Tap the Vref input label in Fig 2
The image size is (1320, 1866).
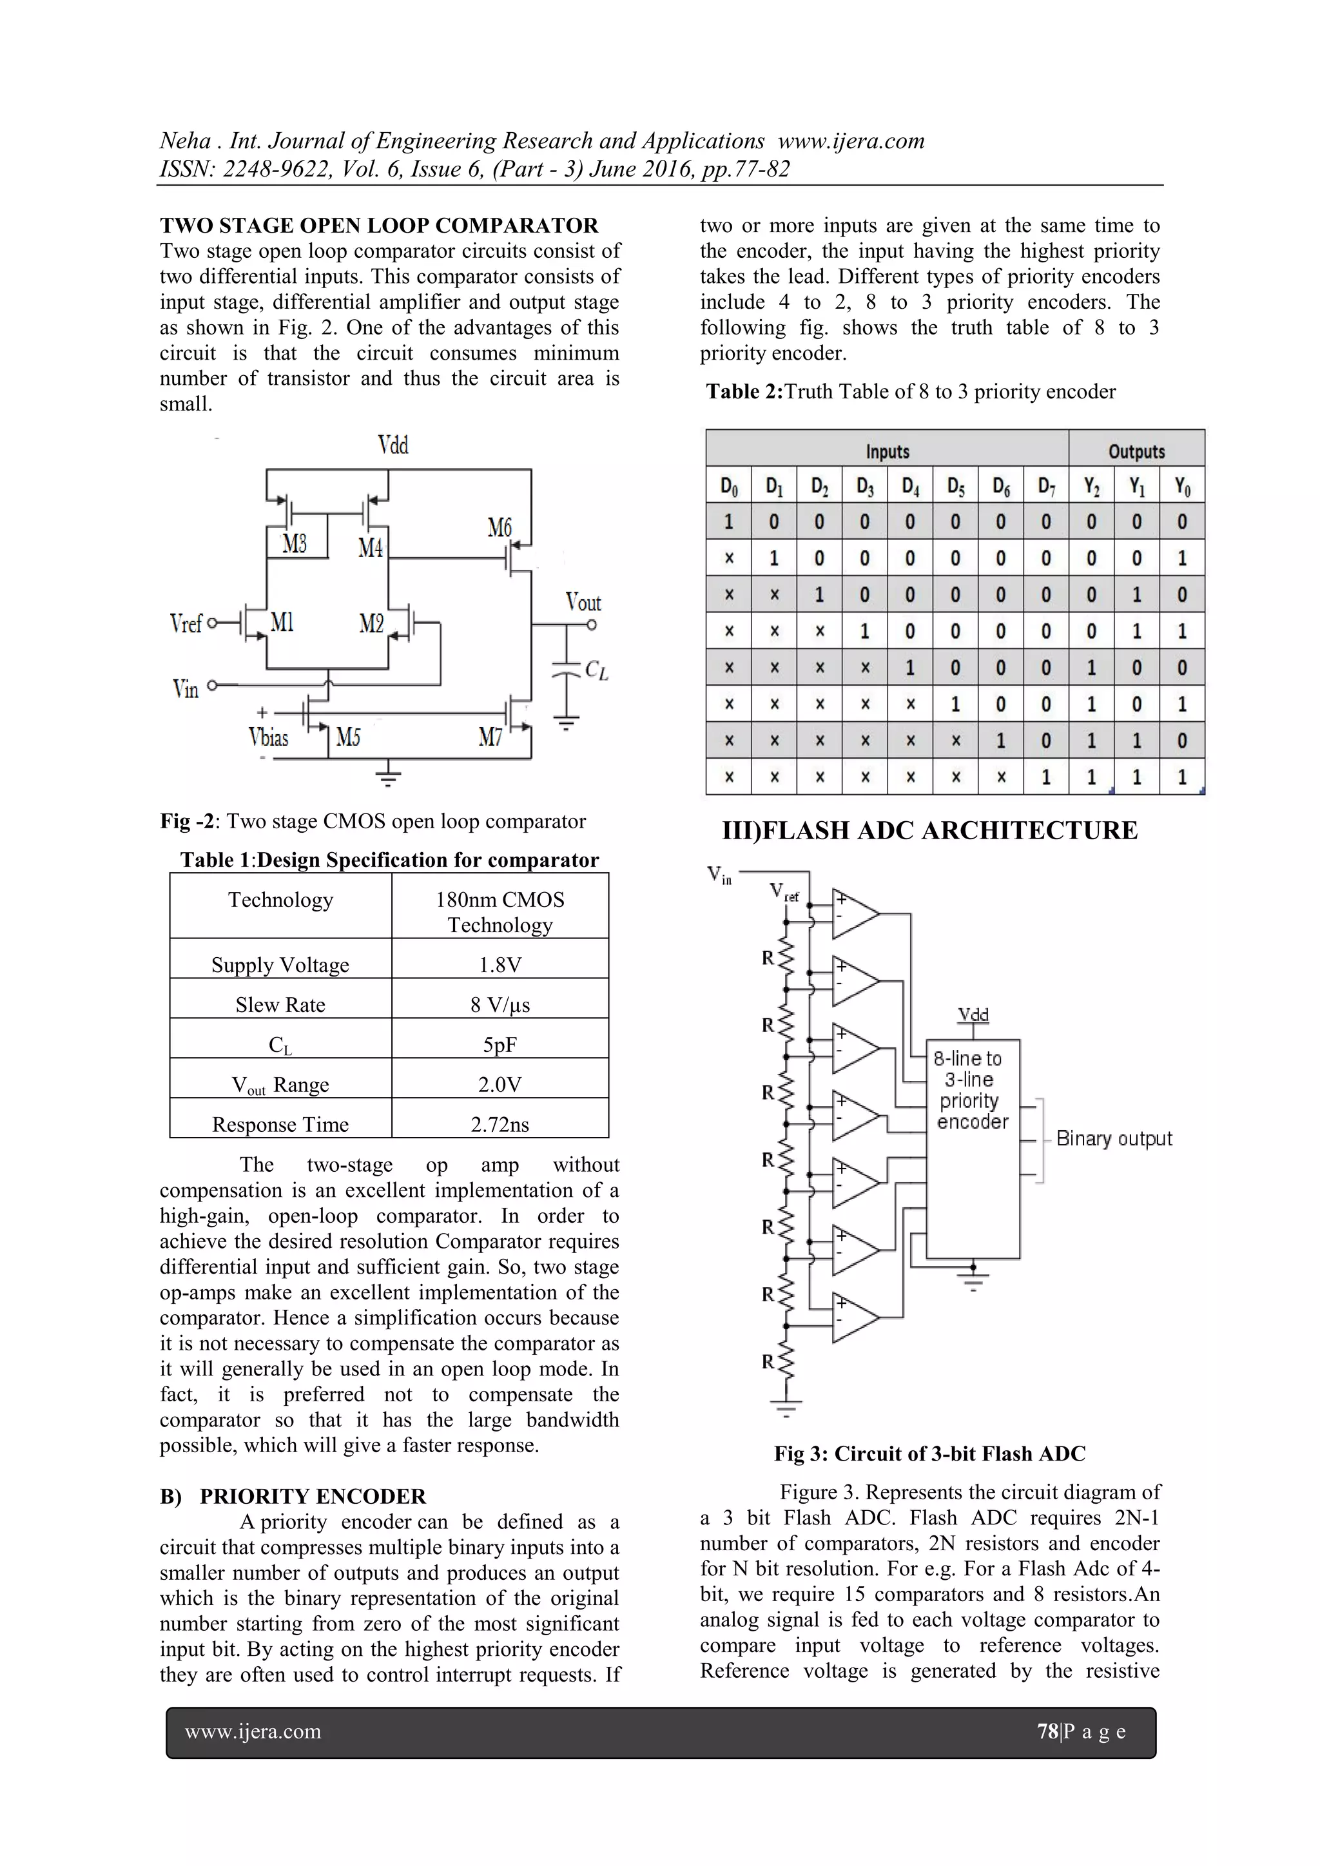click(186, 623)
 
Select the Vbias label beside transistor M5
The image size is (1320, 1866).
click(268, 737)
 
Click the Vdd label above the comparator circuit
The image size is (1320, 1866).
click(393, 445)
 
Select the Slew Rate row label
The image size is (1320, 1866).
click(280, 1004)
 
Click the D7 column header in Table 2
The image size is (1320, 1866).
click(1045, 487)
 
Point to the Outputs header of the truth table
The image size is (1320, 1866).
click(1136, 451)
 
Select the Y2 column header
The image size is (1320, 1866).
click(1091, 487)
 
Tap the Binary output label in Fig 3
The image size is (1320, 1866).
click(1114, 1139)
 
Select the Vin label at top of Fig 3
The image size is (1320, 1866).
click(719, 875)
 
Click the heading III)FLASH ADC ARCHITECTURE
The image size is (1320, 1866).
click(929, 830)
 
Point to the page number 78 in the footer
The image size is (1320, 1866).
click(1047, 1731)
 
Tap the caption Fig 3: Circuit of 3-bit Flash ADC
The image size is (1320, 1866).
click(929, 1453)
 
